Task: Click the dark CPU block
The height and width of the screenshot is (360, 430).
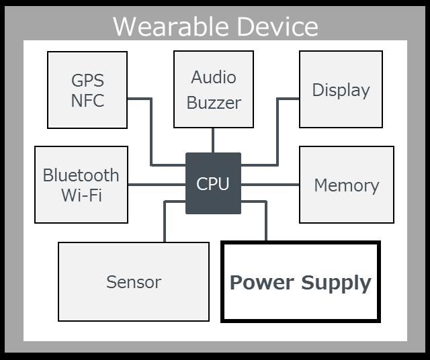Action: click(213, 183)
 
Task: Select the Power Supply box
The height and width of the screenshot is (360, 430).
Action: click(300, 281)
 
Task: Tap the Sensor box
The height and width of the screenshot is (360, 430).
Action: click(134, 281)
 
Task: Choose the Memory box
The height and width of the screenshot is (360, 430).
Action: click(346, 185)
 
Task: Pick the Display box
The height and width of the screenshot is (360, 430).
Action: click(341, 89)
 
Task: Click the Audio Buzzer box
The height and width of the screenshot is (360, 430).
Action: click(214, 89)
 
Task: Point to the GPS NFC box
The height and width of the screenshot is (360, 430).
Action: click(87, 89)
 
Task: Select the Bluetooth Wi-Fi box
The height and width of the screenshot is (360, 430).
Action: click(81, 185)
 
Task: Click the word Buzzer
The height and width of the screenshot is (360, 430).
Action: click(214, 103)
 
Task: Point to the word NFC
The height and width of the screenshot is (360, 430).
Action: click(87, 102)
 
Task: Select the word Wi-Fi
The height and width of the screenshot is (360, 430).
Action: click(81, 196)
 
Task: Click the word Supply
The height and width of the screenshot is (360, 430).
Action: click(336, 283)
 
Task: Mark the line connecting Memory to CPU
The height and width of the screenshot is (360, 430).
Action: click(270, 184)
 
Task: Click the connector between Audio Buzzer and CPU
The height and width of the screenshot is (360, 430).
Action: click(213, 140)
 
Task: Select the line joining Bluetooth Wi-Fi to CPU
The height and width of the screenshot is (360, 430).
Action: click(157, 184)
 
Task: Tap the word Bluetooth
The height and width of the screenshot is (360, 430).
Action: click(81, 175)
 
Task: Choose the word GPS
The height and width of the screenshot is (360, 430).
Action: click(87, 81)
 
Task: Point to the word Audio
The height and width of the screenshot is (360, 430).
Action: click(214, 77)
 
